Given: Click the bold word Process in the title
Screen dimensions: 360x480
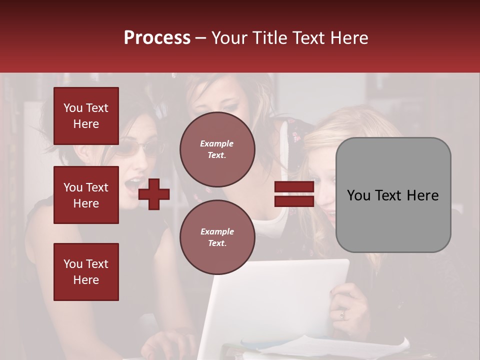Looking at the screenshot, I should click(157, 37).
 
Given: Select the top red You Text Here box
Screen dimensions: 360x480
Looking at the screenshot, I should click(86, 116).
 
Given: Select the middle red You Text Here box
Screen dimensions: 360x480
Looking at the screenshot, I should click(86, 195).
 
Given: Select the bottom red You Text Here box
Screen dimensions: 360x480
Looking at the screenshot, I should click(86, 272).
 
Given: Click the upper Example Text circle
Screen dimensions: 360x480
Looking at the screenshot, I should click(217, 149).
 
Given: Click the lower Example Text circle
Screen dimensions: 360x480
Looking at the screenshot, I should click(217, 237).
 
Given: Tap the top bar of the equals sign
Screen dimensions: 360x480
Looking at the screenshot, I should click(294, 186).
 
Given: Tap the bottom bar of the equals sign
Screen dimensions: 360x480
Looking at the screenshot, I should click(294, 201).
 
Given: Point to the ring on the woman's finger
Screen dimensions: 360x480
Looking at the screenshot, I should click(342, 314).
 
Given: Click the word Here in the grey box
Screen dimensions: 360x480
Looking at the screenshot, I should click(422, 195).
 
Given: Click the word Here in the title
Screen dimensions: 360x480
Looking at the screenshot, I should click(348, 37).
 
